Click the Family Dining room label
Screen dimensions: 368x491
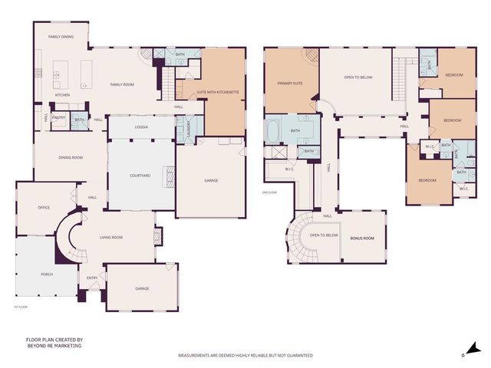(x=61, y=37)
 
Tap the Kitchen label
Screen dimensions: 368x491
(x=62, y=95)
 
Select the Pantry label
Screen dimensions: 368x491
(x=58, y=119)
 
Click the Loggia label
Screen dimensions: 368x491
(x=140, y=127)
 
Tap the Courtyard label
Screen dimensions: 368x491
(x=140, y=176)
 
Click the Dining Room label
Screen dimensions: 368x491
(x=71, y=158)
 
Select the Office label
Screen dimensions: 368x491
(x=44, y=207)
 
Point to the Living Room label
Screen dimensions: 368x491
(x=112, y=238)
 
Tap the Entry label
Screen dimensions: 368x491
(x=92, y=278)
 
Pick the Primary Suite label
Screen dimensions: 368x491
(x=290, y=84)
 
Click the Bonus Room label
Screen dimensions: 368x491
(x=362, y=238)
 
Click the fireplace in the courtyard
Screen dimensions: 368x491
(x=171, y=176)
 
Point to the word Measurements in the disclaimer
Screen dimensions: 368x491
(x=196, y=356)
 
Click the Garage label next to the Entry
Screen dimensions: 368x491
(x=142, y=289)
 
